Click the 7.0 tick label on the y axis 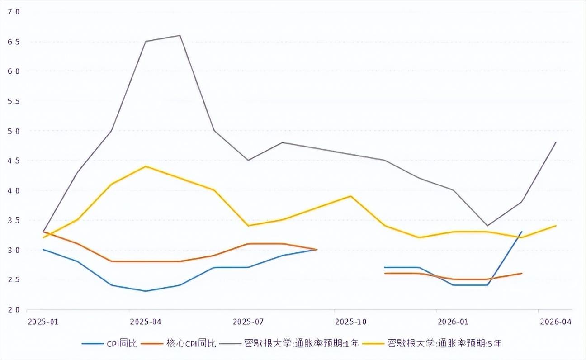coord(14,12)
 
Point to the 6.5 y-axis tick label coord(14,42)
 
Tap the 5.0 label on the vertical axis coord(14,131)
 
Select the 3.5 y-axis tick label coord(14,220)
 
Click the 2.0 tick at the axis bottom coord(14,309)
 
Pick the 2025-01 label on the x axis coord(43,322)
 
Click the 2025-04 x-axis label coord(145,322)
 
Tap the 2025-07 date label coord(248,322)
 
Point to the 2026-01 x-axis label coord(453,322)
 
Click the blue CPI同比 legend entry coord(109,343)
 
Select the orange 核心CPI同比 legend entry coord(179,343)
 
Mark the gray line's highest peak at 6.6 coord(180,35)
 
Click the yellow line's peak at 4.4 coord(146,166)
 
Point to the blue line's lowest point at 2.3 coord(146,291)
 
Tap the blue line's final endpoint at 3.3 coord(522,232)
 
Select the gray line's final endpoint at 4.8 coord(556,142)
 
